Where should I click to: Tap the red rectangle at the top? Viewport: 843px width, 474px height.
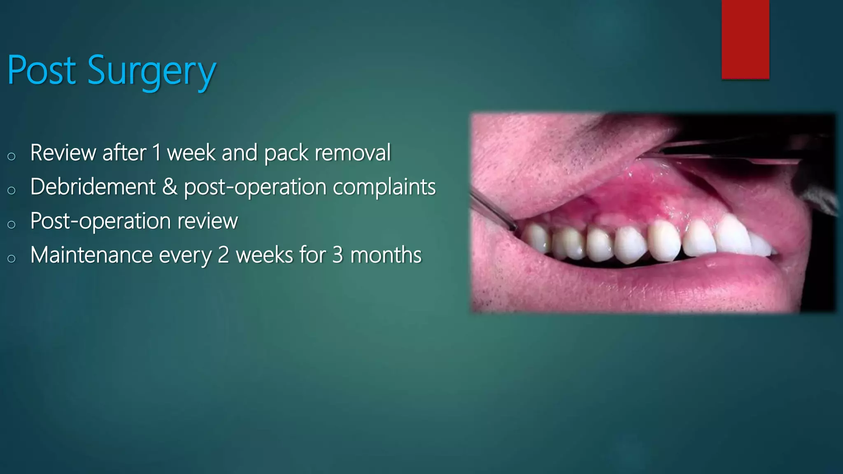click(x=745, y=39)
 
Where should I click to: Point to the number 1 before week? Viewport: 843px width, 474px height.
click(x=157, y=153)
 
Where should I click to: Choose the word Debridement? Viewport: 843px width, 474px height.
click(x=93, y=187)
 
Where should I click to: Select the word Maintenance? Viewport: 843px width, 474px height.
click(x=91, y=255)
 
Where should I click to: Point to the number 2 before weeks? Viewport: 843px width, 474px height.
click(x=223, y=255)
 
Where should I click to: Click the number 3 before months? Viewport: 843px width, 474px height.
click(x=338, y=255)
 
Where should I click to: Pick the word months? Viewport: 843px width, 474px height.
click(x=386, y=255)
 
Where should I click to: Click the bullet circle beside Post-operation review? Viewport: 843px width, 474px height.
click(x=12, y=224)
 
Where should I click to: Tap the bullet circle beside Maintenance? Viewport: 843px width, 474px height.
click(x=12, y=258)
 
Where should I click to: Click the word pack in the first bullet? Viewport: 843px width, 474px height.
click(x=286, y=153)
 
